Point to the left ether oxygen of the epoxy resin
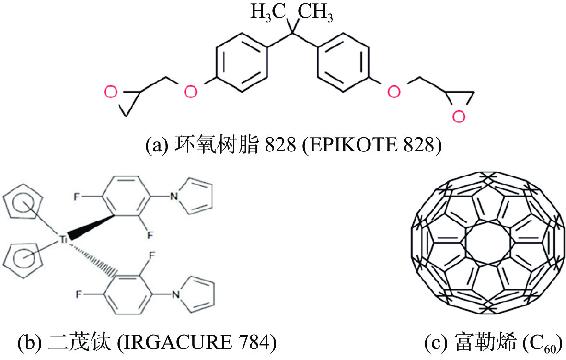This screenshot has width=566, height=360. pyautogui.click(x=190, y=92)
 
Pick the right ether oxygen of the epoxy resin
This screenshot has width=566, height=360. pyautogui.click(x=393, y=92)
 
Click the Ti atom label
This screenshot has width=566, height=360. pyautogui.click(x=63, y=239)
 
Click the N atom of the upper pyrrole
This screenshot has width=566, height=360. pyautogui.click(x=174, y=197)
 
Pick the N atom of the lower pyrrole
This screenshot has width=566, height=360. pyautogui.click(x=176, y=295)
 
